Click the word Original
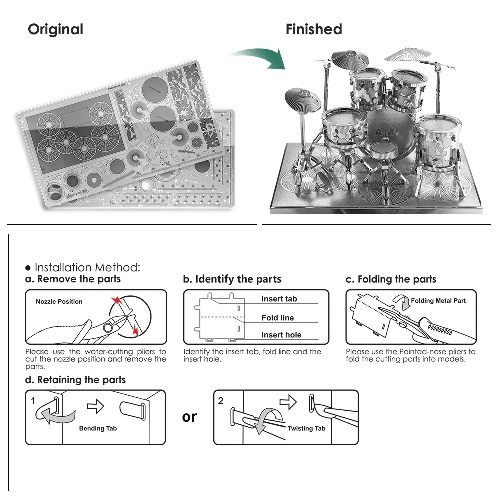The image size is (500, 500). pyautogui.click(x=55, y=30)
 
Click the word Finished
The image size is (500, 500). pyautogui.click(x=314, y=30)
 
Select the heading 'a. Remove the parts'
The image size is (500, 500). pyautogui.click(x=73, y=279)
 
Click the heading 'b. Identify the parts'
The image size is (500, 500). pyautogui.click(x=232, y=279)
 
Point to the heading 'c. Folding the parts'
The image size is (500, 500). pyautogui.click(x=391, y=279)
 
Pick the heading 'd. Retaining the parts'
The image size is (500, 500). pyautogui.click(x=75, y=380)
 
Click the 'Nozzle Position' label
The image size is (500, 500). pyautogui.click(x=59, y=302)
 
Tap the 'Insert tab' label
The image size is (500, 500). pyautogui.click(x=279, y=299)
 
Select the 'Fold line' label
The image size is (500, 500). pyautogui.click(x=278, y=318)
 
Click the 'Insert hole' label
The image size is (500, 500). pyautogui.click(x=281, y=335)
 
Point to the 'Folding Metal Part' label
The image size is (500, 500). pyautogui.click(x=438, y=301)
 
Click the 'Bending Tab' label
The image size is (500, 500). pyautogui.click(x=98, y=428)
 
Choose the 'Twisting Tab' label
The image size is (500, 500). pyautogui.click(x=306, y=428)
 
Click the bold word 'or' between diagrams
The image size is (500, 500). pyautogui.click(x=190, y=417)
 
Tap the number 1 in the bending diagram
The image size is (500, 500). pyautogui.click(x=33, y=401)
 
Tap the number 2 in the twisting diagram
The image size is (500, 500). pyautogui.click(x=221, y=401)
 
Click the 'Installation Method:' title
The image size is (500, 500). pyautogui.click(x=87, y=268)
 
